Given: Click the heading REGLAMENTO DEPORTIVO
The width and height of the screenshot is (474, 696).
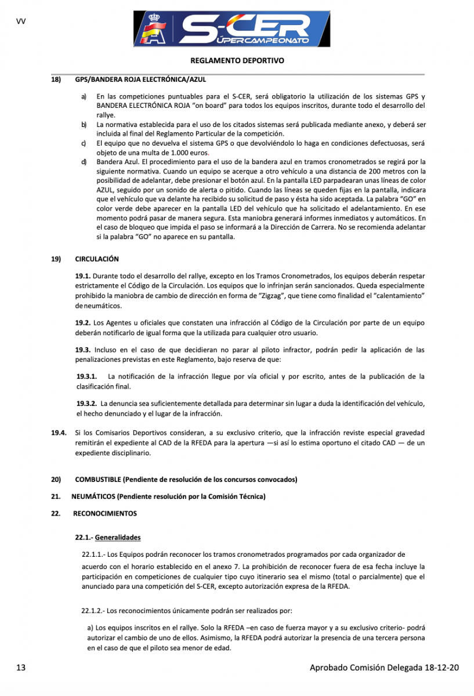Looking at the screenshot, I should [237, 60].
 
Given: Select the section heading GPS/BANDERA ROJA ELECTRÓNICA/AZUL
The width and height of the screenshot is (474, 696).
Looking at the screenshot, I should [140, 79].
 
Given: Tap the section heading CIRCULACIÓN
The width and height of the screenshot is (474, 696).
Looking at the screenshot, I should [97, 259].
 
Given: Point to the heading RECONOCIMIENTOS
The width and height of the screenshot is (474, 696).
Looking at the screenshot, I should [105, 513].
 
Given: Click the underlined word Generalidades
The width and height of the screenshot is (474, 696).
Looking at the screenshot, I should [118, 537].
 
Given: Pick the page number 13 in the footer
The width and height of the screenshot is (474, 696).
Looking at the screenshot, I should [21, 668].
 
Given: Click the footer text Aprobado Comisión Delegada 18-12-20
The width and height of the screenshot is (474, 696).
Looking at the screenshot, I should [384, 668].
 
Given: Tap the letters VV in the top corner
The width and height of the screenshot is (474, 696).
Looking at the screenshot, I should [21, 21].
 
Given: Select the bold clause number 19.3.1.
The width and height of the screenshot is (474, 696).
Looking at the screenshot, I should [86, 376].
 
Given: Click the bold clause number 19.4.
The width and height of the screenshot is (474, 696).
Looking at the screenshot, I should [58, 432].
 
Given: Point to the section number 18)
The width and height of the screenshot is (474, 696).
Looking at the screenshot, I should [56, 79].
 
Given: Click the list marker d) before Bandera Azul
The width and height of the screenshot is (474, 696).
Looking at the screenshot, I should [84, 161].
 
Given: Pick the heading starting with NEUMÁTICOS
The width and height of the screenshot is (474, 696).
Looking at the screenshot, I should [168, 496].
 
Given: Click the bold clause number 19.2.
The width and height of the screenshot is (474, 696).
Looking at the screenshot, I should [83, 323].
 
